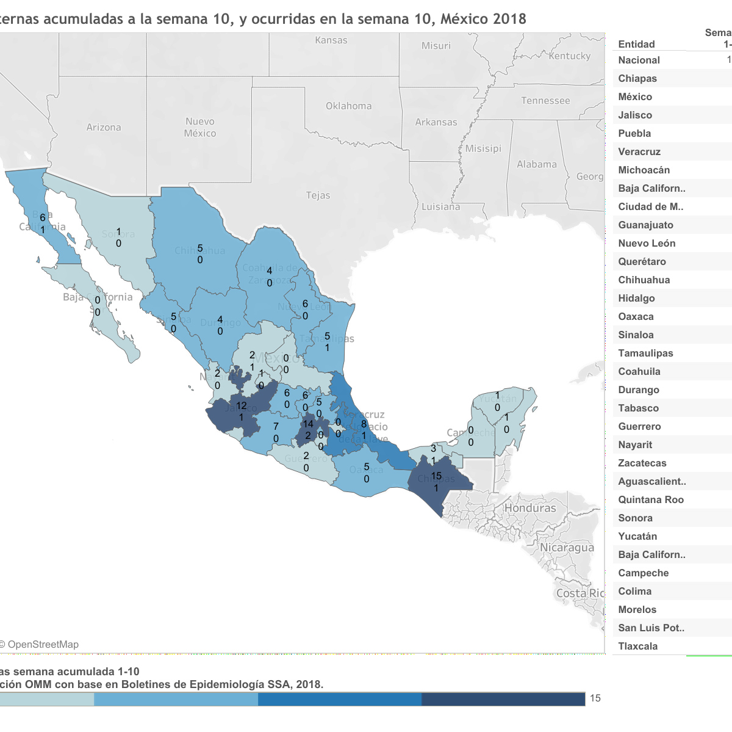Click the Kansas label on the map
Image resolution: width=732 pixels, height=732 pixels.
[331, 40]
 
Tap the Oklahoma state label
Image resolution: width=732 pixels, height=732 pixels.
[348, 106]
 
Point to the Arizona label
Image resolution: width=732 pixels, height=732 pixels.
[104, 128]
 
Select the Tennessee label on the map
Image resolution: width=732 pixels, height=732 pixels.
[545, 101]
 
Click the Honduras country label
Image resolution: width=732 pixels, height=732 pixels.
[530, 508]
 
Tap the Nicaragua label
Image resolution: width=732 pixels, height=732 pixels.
[567, 548]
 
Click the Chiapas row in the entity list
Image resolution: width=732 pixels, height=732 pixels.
[637, 78]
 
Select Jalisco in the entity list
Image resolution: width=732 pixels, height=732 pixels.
[635, 115]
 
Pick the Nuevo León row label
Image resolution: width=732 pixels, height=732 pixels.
[647, 243]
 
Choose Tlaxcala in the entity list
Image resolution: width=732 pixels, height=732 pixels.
[637, 646]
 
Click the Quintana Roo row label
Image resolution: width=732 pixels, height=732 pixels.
[651, 499]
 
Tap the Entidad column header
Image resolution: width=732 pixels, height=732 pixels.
[636, 44]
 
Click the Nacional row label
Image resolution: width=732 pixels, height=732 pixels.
[639, 60]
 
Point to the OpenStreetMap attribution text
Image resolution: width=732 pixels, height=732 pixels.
[43, 645]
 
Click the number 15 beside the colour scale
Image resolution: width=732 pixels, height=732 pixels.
[595, 698]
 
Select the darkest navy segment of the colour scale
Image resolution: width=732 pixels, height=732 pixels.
[503, 699]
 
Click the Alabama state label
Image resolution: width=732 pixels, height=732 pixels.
[537, 164]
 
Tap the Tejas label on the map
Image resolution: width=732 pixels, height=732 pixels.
[318, 195]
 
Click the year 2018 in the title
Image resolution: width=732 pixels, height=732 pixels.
[509, 19]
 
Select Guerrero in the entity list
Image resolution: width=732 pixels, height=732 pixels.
[639, 426]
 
